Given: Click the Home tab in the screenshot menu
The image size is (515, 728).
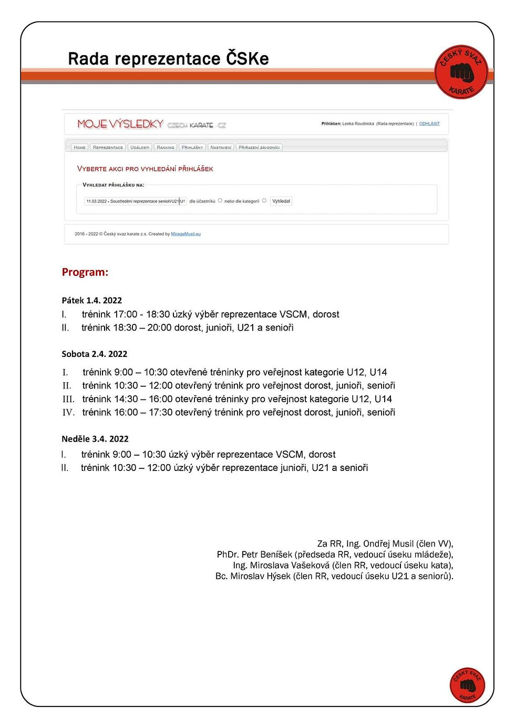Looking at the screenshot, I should (x=79, y=148).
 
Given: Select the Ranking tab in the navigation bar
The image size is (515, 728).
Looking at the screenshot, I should (x=165, y=148).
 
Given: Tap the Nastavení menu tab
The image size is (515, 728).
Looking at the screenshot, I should (x=221, y=148).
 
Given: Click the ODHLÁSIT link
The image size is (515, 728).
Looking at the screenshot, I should (x=429, y=124).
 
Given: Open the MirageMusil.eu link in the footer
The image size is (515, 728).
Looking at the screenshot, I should (x=186, y=234).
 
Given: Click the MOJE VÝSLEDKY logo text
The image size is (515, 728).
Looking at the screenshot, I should (x=120, y=124).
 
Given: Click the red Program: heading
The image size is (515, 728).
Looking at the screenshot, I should (x=85, y=272).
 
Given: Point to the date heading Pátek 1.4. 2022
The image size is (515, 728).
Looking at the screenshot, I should (x=92, y=301).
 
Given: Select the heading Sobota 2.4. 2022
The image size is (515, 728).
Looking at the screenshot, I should (x=95, y=354).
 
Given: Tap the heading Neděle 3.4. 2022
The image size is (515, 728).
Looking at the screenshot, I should (x=95, y=439).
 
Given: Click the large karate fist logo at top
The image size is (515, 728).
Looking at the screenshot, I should (x=461, y=72).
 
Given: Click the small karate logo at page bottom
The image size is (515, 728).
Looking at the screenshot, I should (x=467, y=685).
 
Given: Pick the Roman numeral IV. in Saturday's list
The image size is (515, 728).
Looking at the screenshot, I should (x=68, y=413).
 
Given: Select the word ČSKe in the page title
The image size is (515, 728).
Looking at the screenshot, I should (x=247, y=59).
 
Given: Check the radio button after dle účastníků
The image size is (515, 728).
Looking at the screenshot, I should (x=220, y=201).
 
